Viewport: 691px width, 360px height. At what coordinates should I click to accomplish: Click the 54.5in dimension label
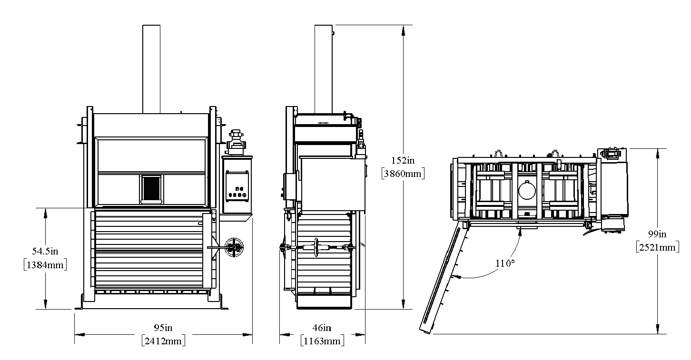(45, 251)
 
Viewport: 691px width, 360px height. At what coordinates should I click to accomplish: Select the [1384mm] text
(45, 265)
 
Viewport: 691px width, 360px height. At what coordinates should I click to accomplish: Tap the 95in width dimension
(163, 328)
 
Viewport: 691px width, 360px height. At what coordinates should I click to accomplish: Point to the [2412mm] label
(164, 341)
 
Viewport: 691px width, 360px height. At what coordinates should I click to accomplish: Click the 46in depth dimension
(322, 328)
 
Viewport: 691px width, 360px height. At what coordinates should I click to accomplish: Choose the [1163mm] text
(322, 341)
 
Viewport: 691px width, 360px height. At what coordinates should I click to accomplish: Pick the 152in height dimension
(403, 160)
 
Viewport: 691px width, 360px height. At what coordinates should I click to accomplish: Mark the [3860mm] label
(403, 174)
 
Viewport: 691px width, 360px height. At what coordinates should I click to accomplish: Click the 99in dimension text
(657, 234)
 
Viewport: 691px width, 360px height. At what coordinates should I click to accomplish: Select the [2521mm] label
(657, 247)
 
